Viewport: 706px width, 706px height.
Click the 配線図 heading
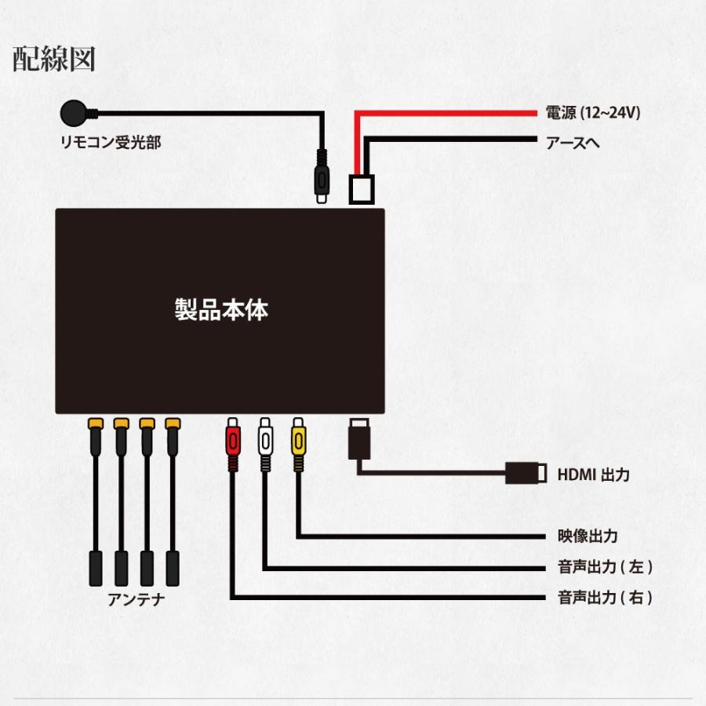point(54,60)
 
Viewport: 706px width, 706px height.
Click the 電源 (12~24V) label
point(593,113)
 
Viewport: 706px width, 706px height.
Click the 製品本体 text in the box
point(220,309)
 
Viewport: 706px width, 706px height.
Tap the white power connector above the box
point(362,188)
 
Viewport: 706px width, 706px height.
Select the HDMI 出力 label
point(592,474)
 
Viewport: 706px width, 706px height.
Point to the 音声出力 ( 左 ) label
point(603,567)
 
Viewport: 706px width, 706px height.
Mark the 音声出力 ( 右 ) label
point(603,598)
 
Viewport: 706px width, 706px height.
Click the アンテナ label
point(136,601)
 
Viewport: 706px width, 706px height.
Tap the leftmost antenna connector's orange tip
point(95,424)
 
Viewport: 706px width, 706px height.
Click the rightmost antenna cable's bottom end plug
point(173,566)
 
